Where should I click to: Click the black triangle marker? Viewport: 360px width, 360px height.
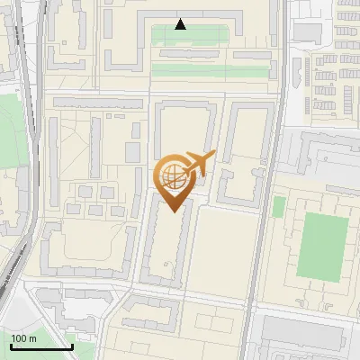pos(180,24)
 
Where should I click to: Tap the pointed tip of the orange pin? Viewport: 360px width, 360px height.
pos(174,211)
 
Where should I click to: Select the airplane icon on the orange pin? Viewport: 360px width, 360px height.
pos(198,164)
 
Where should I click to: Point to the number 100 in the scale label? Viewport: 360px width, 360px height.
pos(19,338)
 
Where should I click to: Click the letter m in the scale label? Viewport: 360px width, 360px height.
pos(32,338)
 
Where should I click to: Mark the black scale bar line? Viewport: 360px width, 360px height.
pos(40,346)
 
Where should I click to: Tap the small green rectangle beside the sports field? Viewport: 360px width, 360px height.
pos(278,207)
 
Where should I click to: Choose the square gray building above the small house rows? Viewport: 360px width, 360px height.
pos(308,32)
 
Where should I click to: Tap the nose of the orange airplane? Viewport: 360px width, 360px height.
pos(214,156)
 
